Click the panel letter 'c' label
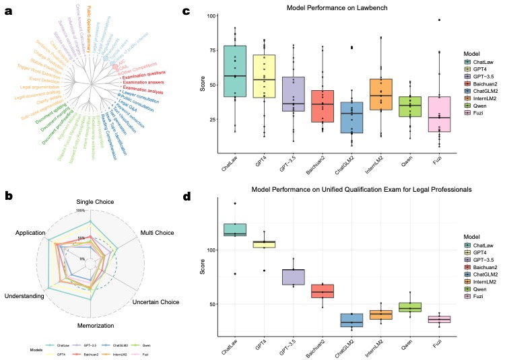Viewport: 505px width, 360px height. [x=187, y=12]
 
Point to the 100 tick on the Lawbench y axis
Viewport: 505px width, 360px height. [x=212, y=15]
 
